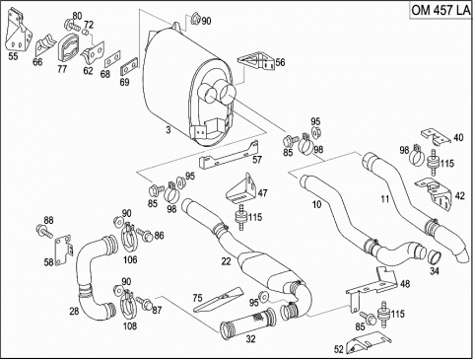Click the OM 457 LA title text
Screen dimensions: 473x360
(440, 10)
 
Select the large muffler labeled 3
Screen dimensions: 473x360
(188, 86)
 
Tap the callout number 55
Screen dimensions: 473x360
(13, 56)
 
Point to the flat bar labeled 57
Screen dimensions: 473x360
(229, 156)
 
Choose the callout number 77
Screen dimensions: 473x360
(62, 69)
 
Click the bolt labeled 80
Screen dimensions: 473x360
(73, 25)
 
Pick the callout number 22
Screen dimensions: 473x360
(226, 261)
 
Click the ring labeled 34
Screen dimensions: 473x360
(434, 258)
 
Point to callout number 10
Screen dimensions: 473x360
(316, 204)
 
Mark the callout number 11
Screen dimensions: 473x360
(385, 198)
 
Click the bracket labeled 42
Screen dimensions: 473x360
(434, 192)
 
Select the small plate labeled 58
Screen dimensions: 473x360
(62, 251)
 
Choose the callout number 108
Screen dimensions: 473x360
(130, 326)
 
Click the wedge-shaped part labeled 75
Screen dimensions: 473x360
(218, 300)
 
